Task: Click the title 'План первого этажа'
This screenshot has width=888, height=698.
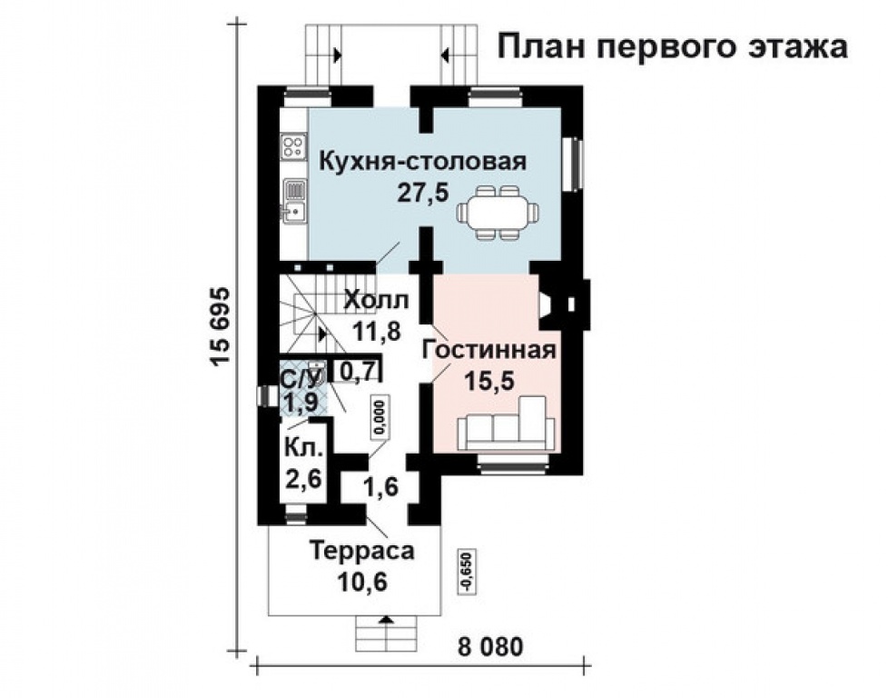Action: coord(672,47)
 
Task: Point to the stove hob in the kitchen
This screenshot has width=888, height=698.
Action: coord(293,145)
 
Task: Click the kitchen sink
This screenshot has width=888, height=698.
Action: coord(293,199)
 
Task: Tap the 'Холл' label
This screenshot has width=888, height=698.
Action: coord(376,300)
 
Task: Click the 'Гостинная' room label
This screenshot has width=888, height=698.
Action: coord(488,351)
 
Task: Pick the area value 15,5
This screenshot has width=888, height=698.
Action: coord(489,381)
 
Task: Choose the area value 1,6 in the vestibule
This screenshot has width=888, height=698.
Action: coord(380,487)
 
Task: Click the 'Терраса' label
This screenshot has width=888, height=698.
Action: coord(361,550)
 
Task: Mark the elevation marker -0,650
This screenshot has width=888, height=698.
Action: coord(467,571)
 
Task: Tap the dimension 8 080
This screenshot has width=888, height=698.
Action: coord(490,649)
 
